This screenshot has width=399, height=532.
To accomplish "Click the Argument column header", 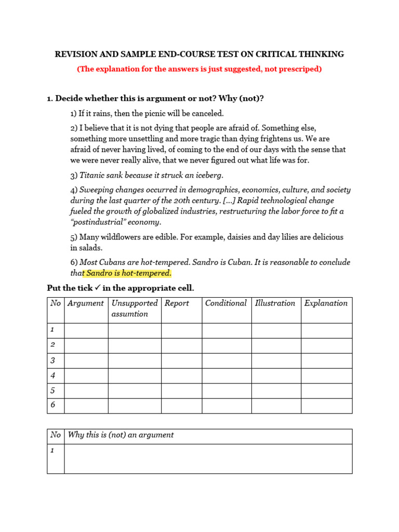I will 86,303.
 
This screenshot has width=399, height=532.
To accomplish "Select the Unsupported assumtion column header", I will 134,309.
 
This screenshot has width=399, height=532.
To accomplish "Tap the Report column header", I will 177,303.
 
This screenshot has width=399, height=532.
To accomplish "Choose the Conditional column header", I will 225,303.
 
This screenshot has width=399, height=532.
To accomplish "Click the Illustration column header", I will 275,303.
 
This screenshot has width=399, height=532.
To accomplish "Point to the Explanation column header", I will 326,303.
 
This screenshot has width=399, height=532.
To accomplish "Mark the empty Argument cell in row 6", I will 86,405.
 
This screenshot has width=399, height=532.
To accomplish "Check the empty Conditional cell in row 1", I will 227,330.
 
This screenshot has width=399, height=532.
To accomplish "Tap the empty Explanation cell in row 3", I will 326,361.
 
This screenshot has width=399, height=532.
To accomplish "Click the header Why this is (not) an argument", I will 121,435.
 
